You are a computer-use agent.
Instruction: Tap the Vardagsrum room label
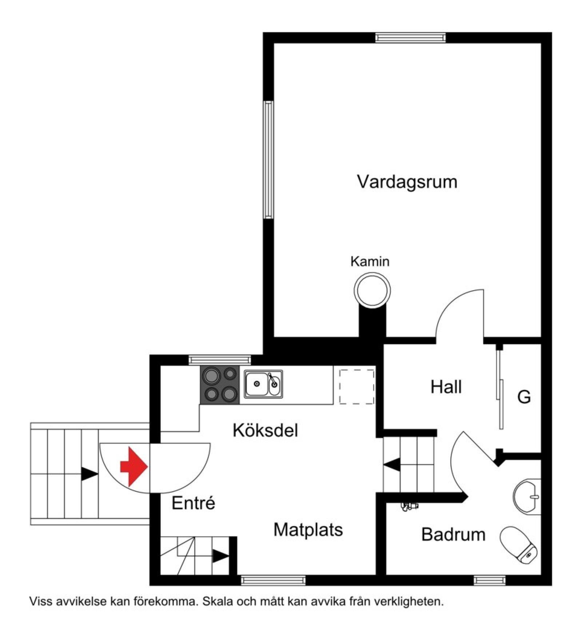407,182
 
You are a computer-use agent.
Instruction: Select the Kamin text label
370,262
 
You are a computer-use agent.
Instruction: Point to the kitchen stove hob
220,385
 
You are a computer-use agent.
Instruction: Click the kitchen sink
263,384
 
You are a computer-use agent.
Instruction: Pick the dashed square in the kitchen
356,387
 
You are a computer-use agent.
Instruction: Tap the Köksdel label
266,430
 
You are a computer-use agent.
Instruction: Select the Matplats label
308,530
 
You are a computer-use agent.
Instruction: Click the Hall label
446,387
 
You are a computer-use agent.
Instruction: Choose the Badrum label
453,534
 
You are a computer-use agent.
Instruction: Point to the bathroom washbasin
527,497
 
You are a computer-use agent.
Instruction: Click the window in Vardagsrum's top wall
410,38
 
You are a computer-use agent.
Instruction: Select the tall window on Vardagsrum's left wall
269,160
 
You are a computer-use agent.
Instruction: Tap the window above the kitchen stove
220,360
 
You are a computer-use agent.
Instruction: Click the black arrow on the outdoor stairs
89,474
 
